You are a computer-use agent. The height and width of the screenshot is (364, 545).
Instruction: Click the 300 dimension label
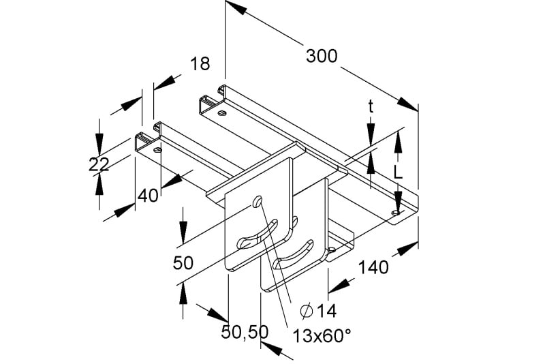point(322,56)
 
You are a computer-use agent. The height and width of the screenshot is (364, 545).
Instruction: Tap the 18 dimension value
point(200,63)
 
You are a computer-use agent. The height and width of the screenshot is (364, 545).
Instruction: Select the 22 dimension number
point(99,164)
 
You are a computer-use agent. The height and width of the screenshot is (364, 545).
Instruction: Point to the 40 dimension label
point(148,196)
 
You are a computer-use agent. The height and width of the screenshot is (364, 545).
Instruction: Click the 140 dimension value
point(373,267)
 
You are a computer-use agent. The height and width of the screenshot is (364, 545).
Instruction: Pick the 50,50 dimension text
point(245,332)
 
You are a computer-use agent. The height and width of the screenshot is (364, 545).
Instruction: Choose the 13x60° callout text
point(322,336)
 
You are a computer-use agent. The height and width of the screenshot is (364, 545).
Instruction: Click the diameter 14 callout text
point(318,311)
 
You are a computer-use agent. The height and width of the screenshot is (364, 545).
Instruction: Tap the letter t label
point(371,107)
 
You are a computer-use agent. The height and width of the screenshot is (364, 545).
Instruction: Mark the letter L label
point(398,172)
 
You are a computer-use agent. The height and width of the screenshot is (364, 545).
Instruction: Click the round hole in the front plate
point(258,201)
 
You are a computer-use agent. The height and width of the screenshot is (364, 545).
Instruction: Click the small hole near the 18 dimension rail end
point(158,150)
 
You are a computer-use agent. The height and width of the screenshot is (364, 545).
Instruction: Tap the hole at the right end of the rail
point(396,212)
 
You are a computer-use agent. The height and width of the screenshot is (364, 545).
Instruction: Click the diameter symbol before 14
point(306,311)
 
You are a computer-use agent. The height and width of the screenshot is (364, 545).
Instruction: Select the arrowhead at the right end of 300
point(407,104)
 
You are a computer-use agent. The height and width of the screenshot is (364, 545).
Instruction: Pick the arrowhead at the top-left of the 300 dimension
point(236,8)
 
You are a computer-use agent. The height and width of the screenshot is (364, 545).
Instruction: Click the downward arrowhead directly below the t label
point(371,133)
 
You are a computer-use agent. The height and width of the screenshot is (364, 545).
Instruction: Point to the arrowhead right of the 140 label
point(407,249)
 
